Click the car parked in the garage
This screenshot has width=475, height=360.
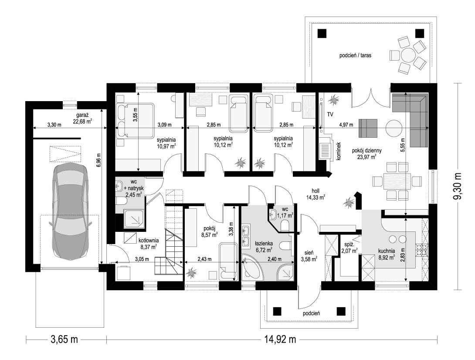(70, 212)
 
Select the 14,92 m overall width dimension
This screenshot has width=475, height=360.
(280, 339)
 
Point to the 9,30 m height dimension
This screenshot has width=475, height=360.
(458, 186)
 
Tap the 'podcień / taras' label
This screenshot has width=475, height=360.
(355, 55)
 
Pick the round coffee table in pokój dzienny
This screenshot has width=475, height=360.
(394, 128)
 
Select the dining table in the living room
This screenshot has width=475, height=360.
(397, 181)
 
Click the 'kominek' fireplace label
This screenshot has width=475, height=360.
(339, 151)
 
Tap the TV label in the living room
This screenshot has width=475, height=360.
(330, 115)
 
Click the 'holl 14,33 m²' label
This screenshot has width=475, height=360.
(316, 194)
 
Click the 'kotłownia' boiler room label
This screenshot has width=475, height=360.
(149, 241)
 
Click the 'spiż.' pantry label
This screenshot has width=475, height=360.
(347, 245)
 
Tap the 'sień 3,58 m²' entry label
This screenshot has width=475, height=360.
(309, 255)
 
